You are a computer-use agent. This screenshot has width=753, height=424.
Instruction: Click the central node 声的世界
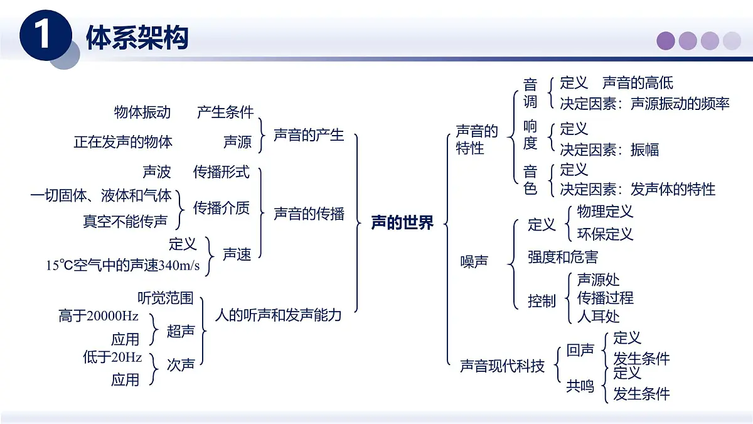402,223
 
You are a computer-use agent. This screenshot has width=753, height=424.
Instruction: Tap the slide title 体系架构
137,38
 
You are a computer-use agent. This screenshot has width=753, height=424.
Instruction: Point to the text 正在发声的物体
123,142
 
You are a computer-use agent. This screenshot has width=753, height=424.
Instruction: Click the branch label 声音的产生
309,135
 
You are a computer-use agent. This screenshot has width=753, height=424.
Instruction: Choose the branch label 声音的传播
309,214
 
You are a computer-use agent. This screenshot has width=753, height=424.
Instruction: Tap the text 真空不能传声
125,221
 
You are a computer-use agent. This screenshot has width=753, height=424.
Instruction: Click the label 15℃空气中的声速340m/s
123,266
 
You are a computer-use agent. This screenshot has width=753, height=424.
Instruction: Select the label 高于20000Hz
99,316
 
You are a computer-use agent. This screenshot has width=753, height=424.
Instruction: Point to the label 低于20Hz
112,357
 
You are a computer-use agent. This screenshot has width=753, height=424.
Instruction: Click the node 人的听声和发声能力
278,315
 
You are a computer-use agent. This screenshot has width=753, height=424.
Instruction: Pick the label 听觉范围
165,297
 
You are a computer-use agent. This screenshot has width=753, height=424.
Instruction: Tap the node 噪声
474,262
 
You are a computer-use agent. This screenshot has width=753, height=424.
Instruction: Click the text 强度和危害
562,257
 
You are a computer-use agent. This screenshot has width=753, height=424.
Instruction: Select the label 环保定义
605,234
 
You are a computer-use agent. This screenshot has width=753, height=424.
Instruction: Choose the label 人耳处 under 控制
598,316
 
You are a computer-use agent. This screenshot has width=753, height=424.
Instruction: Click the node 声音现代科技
502,366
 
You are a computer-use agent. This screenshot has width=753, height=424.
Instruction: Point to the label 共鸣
580,386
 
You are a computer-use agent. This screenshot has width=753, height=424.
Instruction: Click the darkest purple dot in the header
666,41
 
